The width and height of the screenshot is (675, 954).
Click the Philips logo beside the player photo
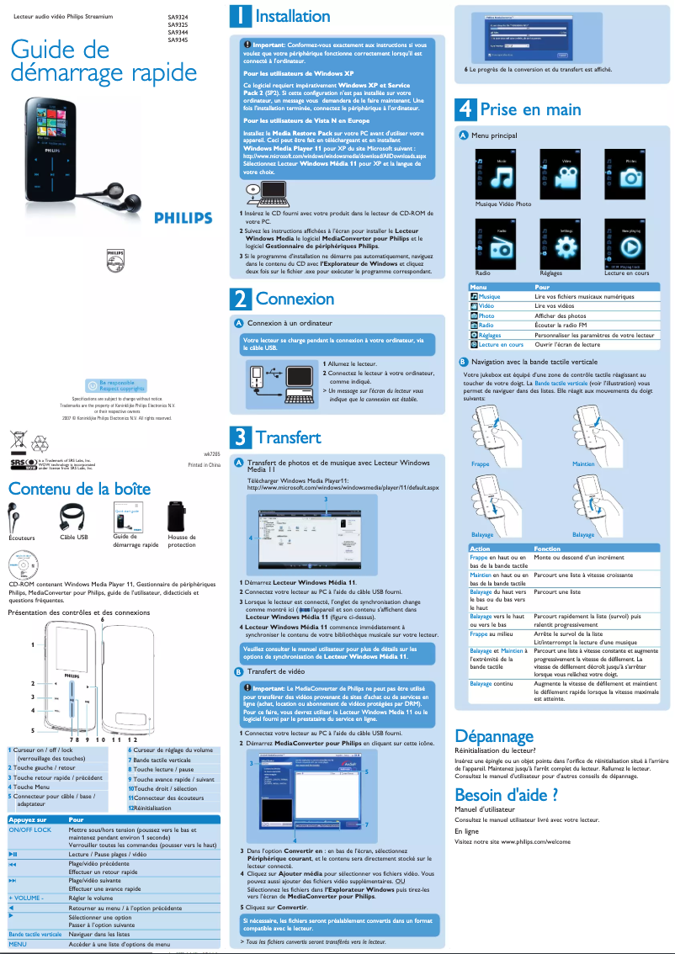[183, 218]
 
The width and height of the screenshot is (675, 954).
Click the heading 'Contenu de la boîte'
[79, 489]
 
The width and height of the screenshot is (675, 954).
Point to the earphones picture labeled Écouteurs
[20, 516]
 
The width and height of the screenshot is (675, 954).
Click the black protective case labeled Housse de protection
[179, 516]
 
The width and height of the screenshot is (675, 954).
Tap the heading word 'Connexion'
[295, 299]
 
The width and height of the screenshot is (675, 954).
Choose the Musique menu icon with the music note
[502, 176]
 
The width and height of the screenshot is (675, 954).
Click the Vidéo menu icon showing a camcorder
[566, 176]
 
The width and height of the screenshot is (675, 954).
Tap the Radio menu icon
[502, 246]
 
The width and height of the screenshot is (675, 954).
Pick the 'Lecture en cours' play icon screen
[630, 246]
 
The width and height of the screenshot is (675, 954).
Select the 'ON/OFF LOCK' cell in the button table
[30, 829]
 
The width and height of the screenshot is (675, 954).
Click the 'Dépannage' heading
[494, 736]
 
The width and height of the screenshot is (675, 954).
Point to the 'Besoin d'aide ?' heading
[506, 794]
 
